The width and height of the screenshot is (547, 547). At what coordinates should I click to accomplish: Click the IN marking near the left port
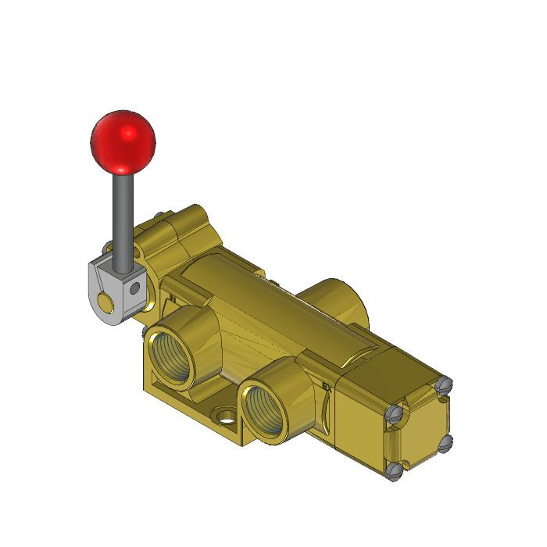(170, 298)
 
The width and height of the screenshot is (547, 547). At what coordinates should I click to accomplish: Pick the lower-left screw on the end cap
(394, 470)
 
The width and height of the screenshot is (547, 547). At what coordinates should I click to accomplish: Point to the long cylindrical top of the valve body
(266, 301)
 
